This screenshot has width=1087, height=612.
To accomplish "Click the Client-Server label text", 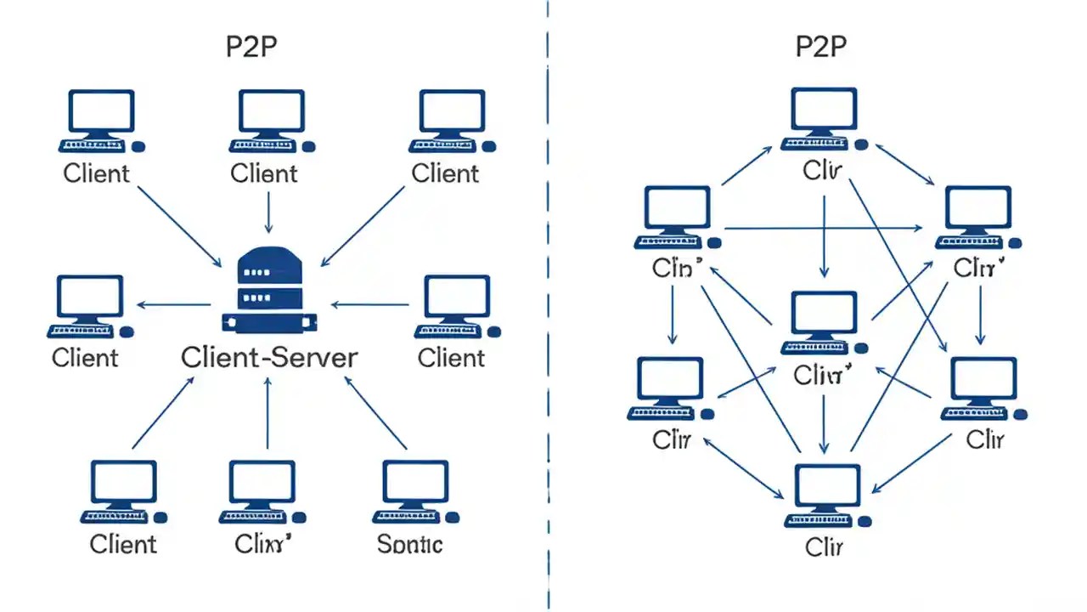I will coord(269,357).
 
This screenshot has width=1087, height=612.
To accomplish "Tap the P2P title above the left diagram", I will coord(251,47).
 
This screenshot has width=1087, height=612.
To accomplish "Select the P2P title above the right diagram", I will coord(821,47).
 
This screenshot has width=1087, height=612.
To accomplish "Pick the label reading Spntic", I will coord(409,544).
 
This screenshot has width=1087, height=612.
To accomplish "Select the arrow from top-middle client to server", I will coord(268,212).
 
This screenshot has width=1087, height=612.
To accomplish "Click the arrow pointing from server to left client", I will coord(174,304).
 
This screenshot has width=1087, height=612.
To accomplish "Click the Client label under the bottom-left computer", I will coord(123,544).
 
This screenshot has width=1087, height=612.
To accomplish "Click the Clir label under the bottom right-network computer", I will coord(824,546).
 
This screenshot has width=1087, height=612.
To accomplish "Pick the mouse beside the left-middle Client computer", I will coord(127,331).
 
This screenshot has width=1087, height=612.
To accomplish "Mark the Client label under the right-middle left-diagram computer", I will coord(451,358).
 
